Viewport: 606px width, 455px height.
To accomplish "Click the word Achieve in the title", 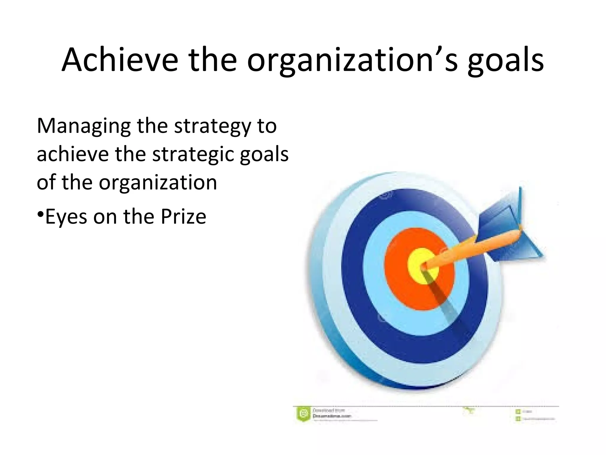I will pyautogui.click(x=120, y=60).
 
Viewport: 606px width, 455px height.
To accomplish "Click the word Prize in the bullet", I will pyautogui.click(x=183, y=217).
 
